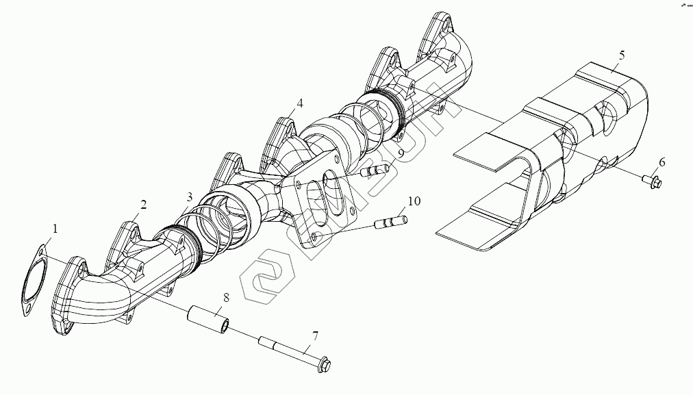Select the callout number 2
pos(144,204)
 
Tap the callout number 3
pos(190,198)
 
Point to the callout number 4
pos(299,104)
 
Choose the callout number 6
pos(661,162)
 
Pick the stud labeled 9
pos(374,170)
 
